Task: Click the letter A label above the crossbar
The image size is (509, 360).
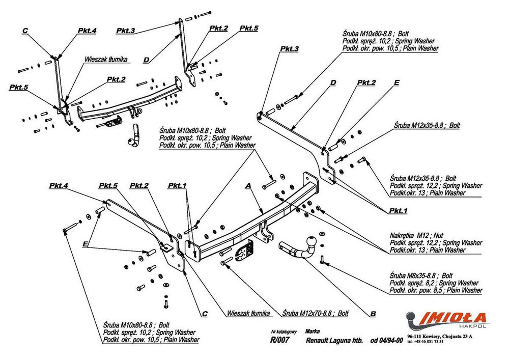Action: (x=249, y=187)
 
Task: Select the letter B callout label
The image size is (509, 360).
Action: (x=373, y=314)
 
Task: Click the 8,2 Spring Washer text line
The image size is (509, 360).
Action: (x=436, y=283)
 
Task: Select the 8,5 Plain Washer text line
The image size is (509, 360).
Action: (x=436, y=290)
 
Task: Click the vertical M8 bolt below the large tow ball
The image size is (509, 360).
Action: (x=323, y=260)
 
